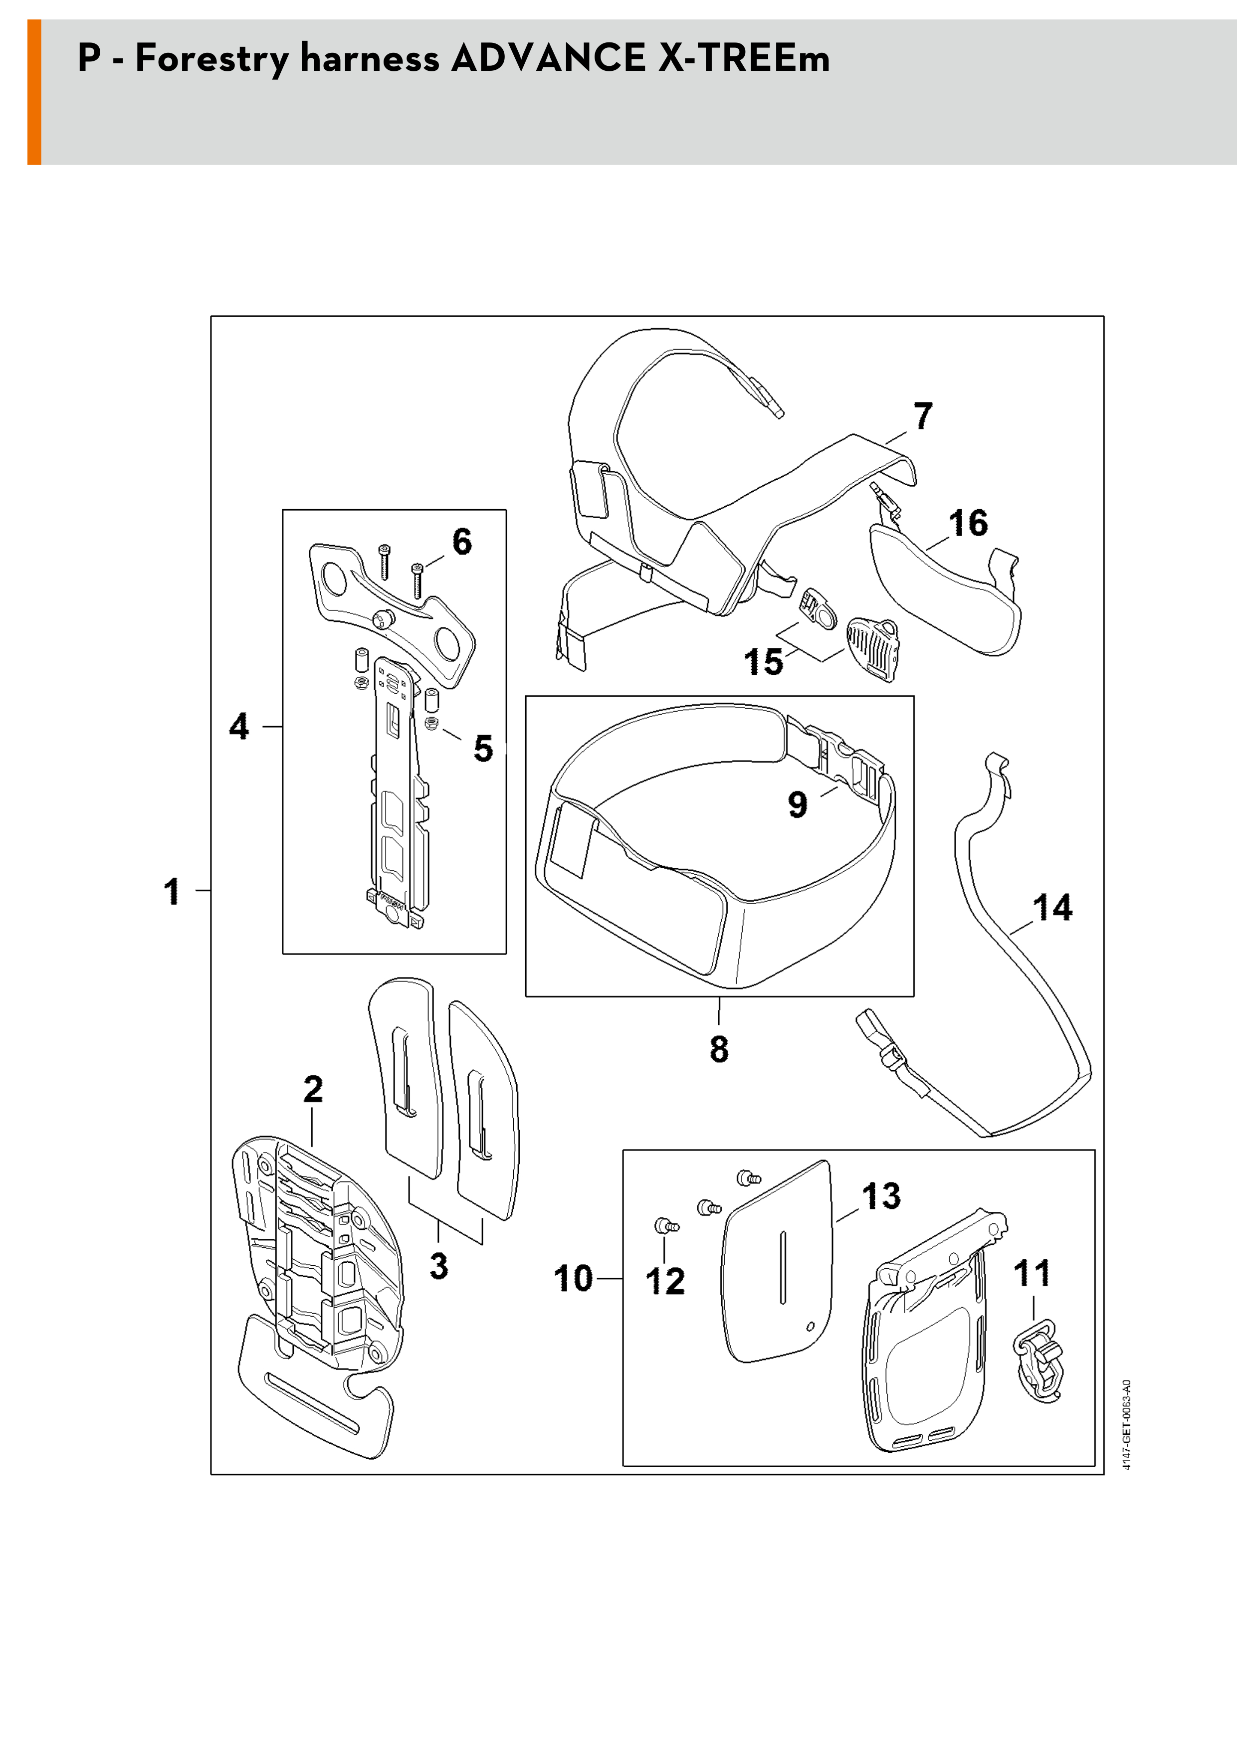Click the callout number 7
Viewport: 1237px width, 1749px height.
tap(922, 417)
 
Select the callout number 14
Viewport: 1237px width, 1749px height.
tap(1052, 908)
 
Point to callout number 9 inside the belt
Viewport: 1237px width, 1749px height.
tap(798, 804)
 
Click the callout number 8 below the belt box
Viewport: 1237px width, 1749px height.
tap(719, 1048)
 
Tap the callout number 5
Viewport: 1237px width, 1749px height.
tap(483, 748)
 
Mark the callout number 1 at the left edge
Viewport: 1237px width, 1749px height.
tap(173, 891)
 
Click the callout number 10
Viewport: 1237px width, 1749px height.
tap(573, 1278)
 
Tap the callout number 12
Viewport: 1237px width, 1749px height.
tap(665, 1281)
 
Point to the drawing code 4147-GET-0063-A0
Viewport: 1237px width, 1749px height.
tap(1127, 1424)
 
